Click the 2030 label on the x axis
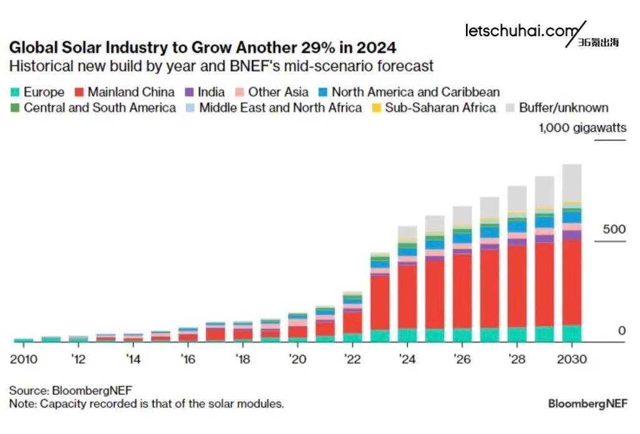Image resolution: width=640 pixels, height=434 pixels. [x=571, y=359]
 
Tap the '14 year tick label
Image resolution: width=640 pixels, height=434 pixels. [x=133, y=359]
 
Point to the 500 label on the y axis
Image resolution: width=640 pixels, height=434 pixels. [x=613, y=229]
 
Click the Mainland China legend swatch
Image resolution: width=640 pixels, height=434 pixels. [x=79, y=92]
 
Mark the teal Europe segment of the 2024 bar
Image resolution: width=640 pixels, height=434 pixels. [x=407, y=335]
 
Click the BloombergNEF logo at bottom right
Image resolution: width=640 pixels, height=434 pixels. [x=588, y=403]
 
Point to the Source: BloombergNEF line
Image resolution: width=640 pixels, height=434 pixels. [x=70, y=390]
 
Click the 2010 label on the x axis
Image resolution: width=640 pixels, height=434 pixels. [x=24, y=359]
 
